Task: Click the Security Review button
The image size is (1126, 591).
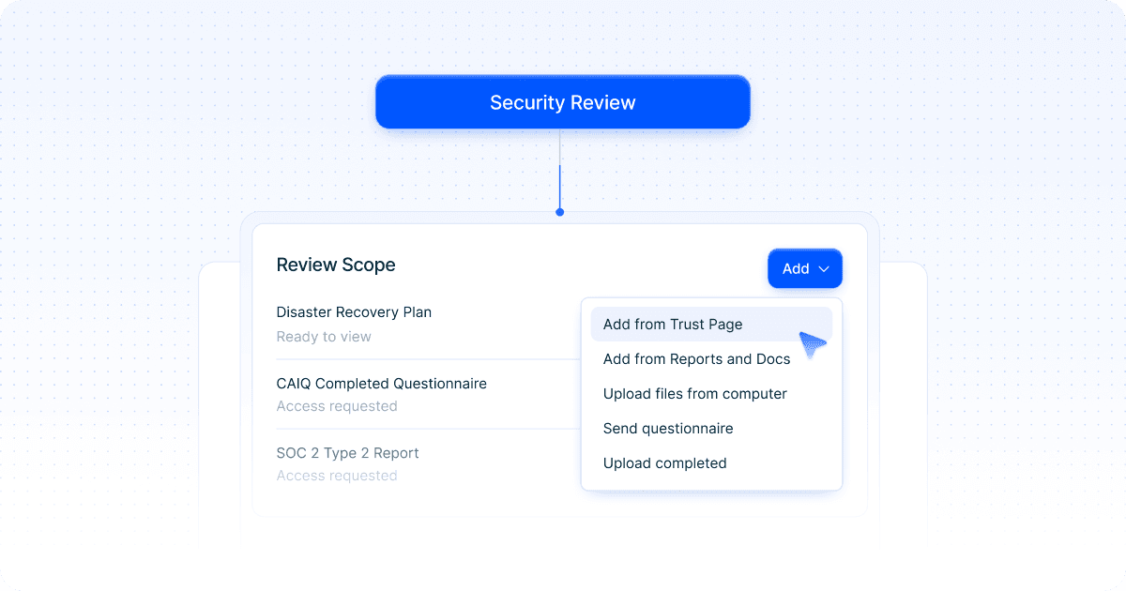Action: click(562, 102)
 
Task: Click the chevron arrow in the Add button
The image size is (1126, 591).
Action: click(824, 269)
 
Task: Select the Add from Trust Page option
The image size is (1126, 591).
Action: click(673, 325)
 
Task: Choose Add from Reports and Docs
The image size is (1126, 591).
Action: click(696, 359)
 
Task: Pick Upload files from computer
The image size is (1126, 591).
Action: click(694, 394)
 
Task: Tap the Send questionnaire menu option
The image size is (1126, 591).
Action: click(668, 429)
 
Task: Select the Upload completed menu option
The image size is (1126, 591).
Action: click(664, 463)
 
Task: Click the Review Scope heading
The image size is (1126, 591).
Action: click(336, 265)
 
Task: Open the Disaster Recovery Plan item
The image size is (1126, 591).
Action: click(354, 312)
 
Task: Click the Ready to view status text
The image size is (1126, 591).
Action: click(324, 337)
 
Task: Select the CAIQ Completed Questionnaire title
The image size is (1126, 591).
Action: click(381, 384)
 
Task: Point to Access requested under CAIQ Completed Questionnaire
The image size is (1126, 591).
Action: click(337, 406)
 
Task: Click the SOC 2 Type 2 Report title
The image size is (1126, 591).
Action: click(347, 453)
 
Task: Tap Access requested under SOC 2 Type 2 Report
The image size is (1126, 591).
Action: click(337, 476)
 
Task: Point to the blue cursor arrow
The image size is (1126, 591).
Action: click(812, 344)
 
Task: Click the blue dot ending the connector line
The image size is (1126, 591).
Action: click(560, 212)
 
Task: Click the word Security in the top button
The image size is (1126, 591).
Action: click(525, 102)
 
